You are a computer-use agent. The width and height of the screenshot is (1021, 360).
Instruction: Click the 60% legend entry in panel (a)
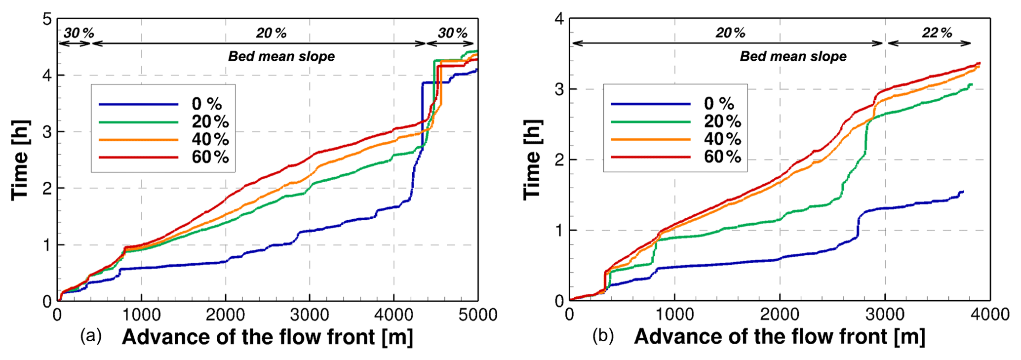tap(210, 157)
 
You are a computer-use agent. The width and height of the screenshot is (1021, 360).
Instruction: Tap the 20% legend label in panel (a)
tap(210, 121)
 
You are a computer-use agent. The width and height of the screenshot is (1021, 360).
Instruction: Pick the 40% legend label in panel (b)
tap(722, 139)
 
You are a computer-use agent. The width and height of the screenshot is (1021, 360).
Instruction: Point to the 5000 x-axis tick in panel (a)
tap(477, 315)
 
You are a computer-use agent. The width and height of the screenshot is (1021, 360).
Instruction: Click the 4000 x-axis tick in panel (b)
tap(990, 315)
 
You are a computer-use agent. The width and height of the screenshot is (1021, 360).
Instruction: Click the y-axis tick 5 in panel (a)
tap(47, 20)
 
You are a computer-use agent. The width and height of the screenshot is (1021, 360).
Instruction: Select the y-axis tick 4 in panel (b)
tap(559, 20)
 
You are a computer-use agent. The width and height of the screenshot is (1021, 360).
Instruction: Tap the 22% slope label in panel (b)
tap(937, 33)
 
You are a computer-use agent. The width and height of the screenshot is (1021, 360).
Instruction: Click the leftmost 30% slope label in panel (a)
tap(79, 33)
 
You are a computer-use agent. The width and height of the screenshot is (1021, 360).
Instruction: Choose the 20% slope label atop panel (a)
tap(271, 33)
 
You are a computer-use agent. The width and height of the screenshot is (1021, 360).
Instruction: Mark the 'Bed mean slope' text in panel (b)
tap(793, 57)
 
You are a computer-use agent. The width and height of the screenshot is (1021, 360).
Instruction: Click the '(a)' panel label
tap(91, 337)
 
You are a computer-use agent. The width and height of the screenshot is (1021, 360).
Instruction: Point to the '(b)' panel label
tap(603, 337)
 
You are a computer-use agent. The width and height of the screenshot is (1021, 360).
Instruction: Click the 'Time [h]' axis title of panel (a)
tap(20, 160)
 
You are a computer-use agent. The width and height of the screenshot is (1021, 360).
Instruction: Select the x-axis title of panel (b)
tap(780, 337)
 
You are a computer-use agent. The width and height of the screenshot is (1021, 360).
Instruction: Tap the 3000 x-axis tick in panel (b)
tap(885, 315)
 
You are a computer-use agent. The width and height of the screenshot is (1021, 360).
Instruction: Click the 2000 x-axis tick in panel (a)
tap(226, 315)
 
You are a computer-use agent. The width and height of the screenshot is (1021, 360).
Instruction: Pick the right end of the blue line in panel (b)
tap(963, 191)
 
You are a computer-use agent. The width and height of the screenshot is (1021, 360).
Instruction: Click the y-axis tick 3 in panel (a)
tap(47, 132)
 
